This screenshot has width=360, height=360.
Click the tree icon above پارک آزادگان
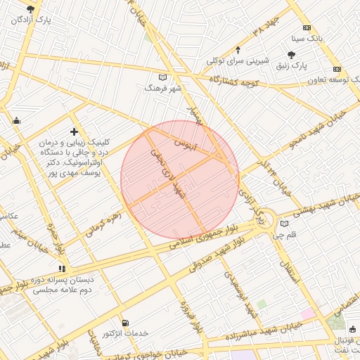[30, 9]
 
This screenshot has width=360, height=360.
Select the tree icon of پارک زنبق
[292, 54]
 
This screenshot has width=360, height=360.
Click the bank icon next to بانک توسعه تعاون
[337, 69]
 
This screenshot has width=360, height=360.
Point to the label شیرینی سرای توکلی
[238, 61]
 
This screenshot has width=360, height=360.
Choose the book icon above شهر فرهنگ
[163, 77]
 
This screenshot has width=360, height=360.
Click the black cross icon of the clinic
[74, 131]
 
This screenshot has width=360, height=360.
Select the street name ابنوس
[202, 144]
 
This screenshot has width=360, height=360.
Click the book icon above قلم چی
[285, 224]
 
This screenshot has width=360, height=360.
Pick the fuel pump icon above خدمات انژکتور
[125, 322]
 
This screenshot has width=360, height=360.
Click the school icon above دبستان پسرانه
[63, 268]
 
